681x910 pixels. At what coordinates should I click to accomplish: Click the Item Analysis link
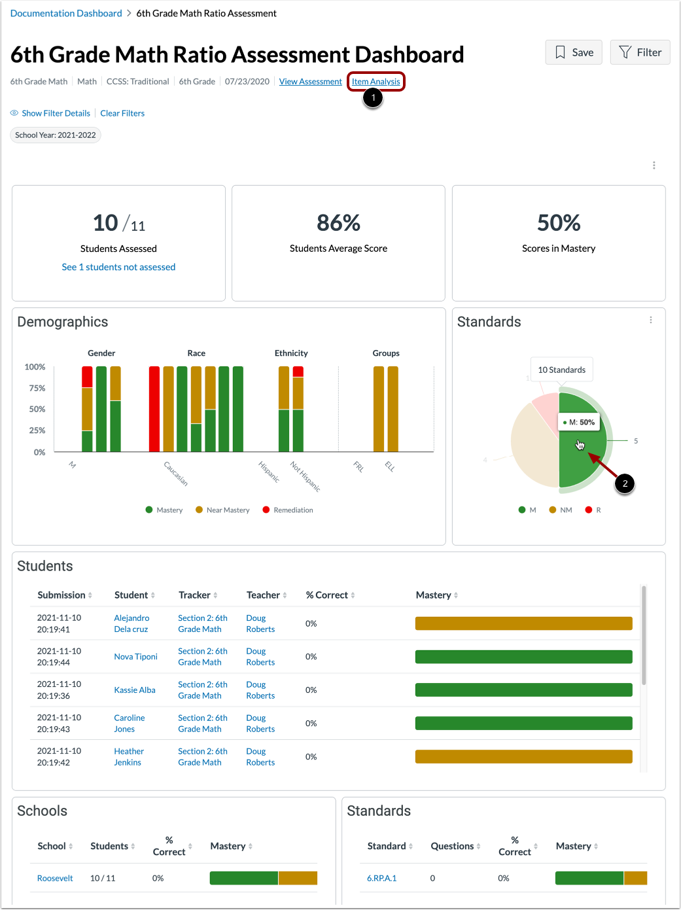point(375,82)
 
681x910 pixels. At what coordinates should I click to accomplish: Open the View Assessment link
point(310,82)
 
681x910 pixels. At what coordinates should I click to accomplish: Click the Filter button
point(640,52)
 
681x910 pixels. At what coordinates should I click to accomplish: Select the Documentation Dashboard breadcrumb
point(66,13)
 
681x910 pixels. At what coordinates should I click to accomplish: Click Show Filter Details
point(56,113)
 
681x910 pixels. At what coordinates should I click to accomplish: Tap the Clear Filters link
point(122,113)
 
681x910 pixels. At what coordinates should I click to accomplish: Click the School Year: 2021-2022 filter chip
point(56,135)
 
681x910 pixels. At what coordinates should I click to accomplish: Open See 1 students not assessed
point(118,267)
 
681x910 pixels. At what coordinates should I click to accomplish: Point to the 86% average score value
point(338,223)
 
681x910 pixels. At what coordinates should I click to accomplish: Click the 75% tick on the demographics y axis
point(37,388)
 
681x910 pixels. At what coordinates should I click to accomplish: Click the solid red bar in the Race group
point(154,409)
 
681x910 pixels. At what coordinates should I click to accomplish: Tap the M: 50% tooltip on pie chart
point(579,423)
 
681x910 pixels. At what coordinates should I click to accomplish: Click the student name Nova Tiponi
point(135,657)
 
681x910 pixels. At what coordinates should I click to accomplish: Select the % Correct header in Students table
point(331,595)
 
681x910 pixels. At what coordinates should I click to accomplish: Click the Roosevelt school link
point(55,879)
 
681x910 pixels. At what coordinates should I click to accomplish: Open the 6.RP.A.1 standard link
point(381,879)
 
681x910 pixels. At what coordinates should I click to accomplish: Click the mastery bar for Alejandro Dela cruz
point(523,623)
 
